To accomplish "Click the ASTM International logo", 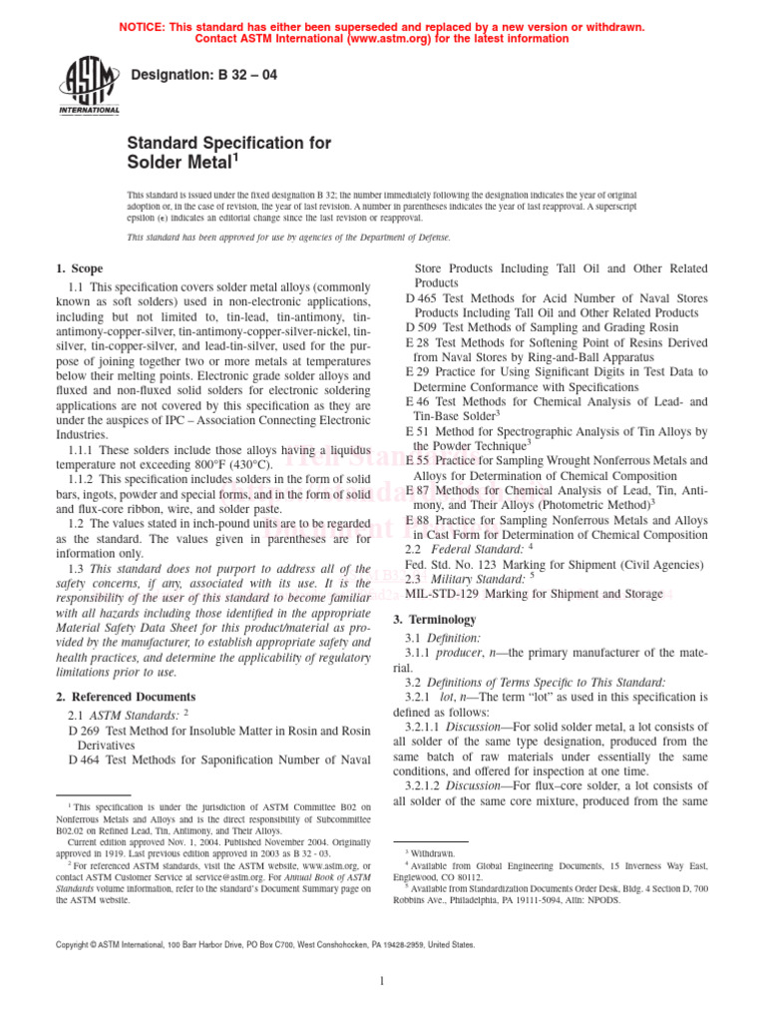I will pos(92,86).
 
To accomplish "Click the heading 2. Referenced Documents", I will pos(126,696).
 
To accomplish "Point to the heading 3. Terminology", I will pos(439,619).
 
